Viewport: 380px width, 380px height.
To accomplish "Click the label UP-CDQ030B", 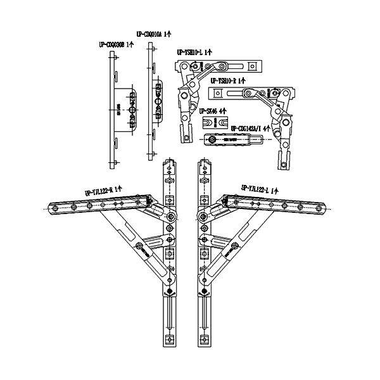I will point(116,44).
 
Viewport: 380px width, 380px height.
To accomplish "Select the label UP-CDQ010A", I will point(154,33).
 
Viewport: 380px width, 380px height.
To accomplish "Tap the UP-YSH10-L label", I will point(194,54).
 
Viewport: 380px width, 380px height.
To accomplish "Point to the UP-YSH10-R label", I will point(227,80).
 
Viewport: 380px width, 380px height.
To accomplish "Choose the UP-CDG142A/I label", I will point(251,127).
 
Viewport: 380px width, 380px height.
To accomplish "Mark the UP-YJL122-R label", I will point(103,190).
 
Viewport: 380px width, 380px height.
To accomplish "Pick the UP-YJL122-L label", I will point(258,188).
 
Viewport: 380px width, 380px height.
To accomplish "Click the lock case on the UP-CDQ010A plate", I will point(158,100).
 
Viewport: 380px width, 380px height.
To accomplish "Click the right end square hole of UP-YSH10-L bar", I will point(253,65).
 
